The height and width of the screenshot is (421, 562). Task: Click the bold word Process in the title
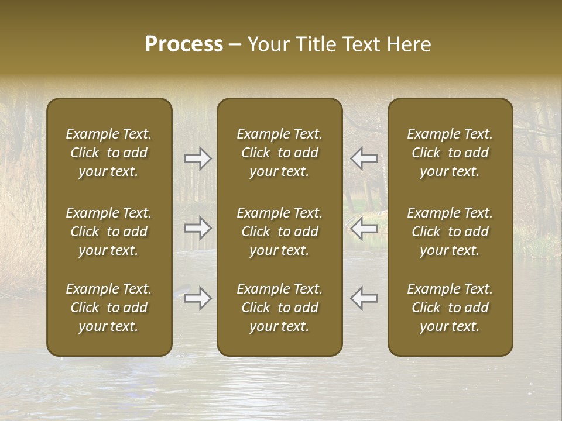tap(184, 44)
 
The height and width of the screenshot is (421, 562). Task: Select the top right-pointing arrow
tap(198, 158)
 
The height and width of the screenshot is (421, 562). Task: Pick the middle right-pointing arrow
tap(198, 228)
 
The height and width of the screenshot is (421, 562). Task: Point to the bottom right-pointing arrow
tap(198, 298)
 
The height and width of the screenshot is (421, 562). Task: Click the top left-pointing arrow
tap(364, 158)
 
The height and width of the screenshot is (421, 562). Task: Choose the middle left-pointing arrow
tap(364, 228)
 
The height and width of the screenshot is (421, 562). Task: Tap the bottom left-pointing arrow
tap(364, 298)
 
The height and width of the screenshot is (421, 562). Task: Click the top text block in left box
tap(109, 153)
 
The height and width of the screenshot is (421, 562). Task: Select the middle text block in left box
tap(109, 232)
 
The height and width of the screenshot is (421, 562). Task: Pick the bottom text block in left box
tap(109, 308)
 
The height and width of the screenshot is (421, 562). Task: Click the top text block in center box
tap(279, 153)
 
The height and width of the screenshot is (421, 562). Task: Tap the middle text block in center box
tap(279, 232)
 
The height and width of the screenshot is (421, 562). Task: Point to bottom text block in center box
tap(279, 308)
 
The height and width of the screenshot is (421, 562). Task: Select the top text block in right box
tap(450, 153)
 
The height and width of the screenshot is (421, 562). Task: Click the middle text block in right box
tap(450, 232)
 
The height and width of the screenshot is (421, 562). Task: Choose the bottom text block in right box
tap(450, 308)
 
